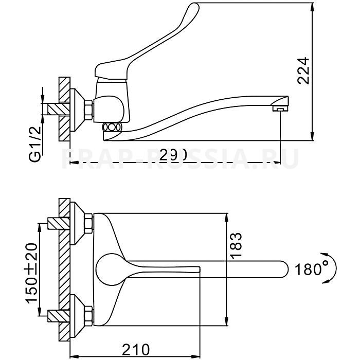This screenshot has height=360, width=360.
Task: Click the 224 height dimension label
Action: click(x=304, y=71)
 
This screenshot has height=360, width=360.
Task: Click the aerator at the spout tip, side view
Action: click(x=279, y=108)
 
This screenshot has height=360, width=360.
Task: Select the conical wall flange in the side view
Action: click(x=77, y=109)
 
